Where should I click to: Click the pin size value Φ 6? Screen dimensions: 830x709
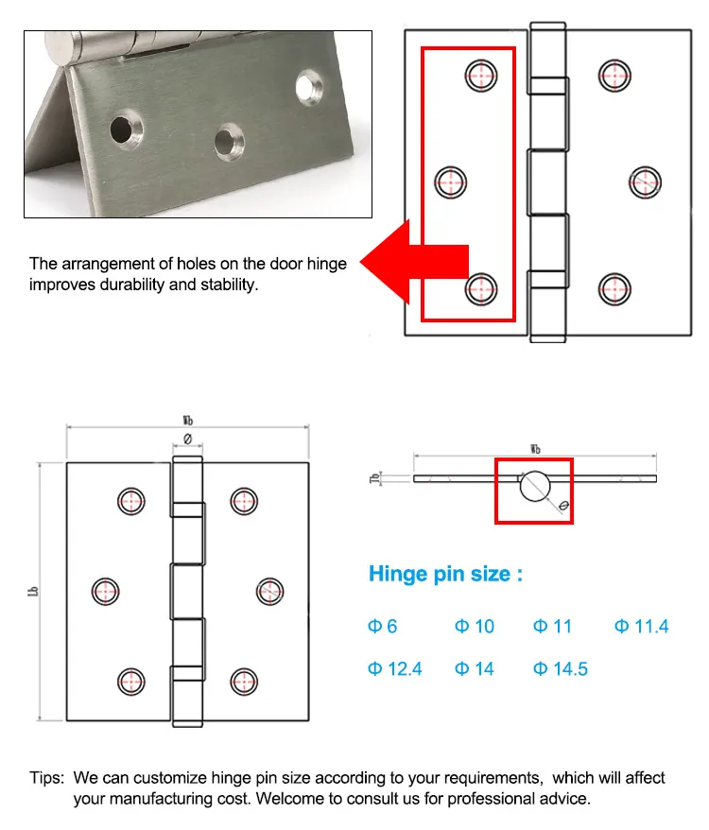[383, 627]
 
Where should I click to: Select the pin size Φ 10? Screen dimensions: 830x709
[475, 627]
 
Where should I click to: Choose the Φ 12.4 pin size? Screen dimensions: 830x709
[394, 669]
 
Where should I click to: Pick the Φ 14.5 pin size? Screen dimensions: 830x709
[561, 669]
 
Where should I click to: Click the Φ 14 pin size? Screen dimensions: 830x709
[475, 669]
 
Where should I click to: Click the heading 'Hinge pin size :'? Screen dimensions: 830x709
[444, 574]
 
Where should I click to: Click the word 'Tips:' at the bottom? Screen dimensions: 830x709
[46, 778]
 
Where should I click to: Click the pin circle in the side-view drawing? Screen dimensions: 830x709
[533, 485]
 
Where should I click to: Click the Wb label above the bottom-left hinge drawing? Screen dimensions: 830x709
[189, 420]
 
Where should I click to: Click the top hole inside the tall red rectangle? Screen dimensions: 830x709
[481, 75]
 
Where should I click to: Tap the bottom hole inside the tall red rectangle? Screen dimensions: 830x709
[481, 287]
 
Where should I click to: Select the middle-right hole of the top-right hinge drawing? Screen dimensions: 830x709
[645, 182]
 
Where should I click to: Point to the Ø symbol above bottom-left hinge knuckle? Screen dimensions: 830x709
[187, 439]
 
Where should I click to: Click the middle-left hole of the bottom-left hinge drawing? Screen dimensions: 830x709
[106, 592]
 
